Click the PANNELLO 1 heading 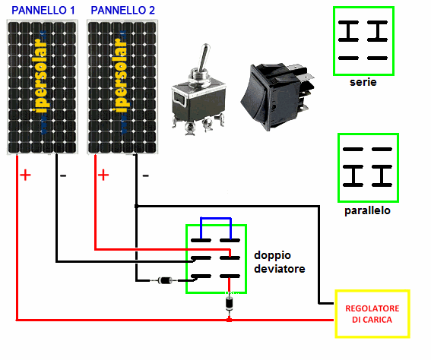click(x=43, y=11)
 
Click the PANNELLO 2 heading click(x=123, y=11)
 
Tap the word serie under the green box click(x=363, y=82)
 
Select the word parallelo click(x=367, y=210)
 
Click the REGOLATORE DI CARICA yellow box click(x=372, y=314)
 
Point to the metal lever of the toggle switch click(x=204, y=58)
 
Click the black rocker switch click(x=277, y=96)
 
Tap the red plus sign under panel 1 click(x=25, y=175)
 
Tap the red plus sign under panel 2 click(x=103, y=175)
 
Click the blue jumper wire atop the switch click(x=216, y=219)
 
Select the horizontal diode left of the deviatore click(x=165, y=281)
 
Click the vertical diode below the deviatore click(x=230, y=304)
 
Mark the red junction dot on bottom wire click(x=229, y=320)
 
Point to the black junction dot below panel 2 click(x=136, y=206)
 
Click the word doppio click(x=272, y=255)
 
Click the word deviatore click(x=280, y=269)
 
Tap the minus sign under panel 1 click(x=63, y=175)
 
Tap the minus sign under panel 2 click(x=146, y=175)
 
